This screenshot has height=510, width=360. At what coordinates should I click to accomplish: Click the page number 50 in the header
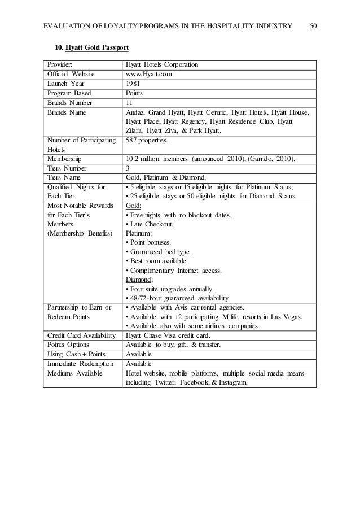tap(314, 25)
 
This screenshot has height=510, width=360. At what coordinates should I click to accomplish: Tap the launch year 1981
tap(133, 84)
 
